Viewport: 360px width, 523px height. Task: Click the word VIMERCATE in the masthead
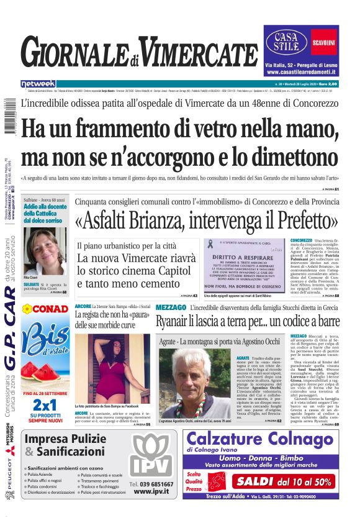coord(199,53)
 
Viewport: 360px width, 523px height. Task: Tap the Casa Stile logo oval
coord(286,42)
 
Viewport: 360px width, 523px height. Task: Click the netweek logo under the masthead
coord(38,84)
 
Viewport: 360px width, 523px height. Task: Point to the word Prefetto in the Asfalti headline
coord(299,221)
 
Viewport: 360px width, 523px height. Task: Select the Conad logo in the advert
coord(44,309)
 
